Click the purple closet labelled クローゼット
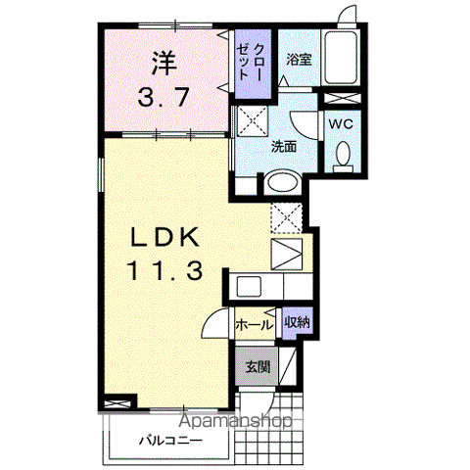pos(253,67)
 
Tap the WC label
pos(341,124)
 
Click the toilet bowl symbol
pos(342,155)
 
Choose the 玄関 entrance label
pos(257,368)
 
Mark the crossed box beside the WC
pos(342,99)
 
